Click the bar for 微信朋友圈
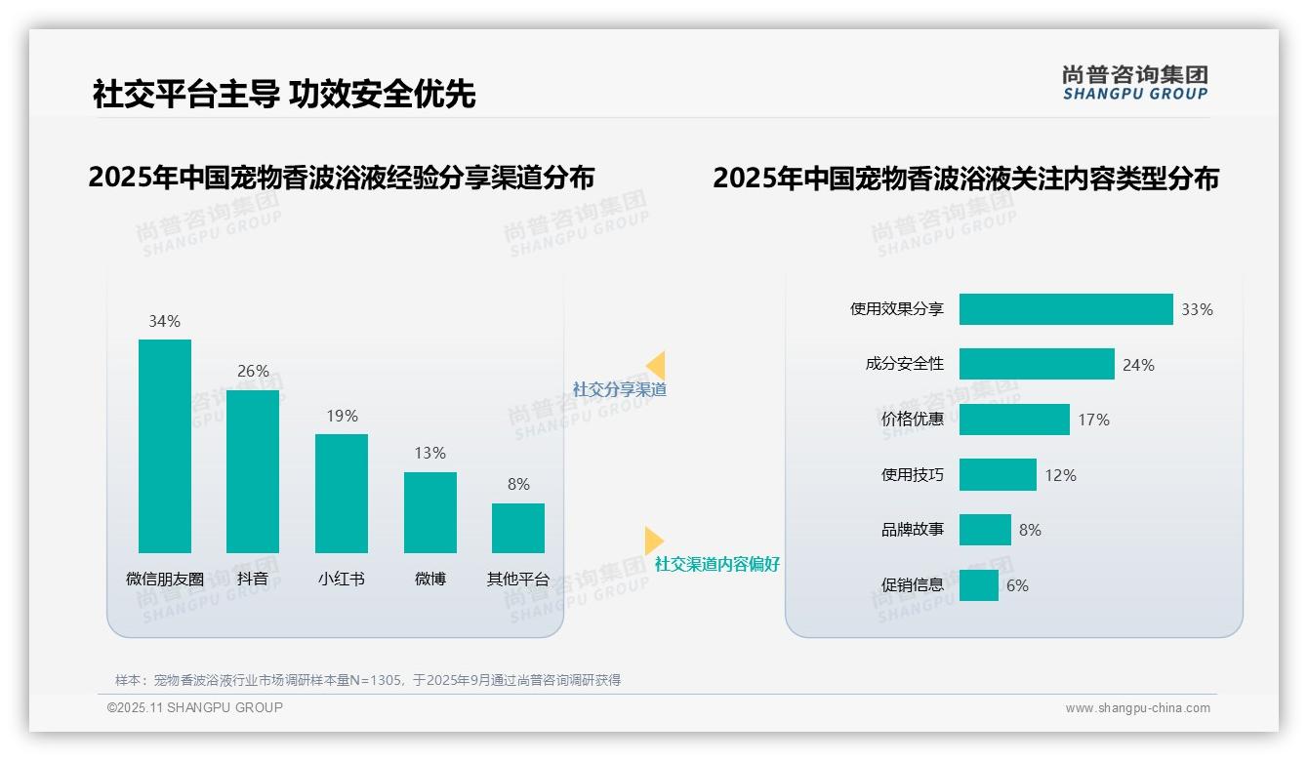click(165, 446)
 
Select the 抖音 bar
click(253, 471)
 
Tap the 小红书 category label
click(341, 579)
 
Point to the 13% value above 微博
click(429, 453)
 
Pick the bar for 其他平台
click(518, 528)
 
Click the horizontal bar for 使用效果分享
click(1066, 309)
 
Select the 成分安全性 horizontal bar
click(1037, 364)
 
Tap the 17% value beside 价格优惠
click(1093, 420)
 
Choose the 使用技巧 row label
click(913, 475)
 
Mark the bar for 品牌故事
click(985, 530)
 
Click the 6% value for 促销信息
click(1017, 585)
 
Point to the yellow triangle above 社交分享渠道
click(656, 366)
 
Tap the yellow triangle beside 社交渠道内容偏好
click(653, 541)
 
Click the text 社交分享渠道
click(620, 389)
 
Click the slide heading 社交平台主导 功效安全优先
click(284, 94)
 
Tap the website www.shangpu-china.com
click(1137, 708)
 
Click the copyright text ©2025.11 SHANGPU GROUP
click(195, 707)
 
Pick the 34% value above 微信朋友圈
click(164, 321)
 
